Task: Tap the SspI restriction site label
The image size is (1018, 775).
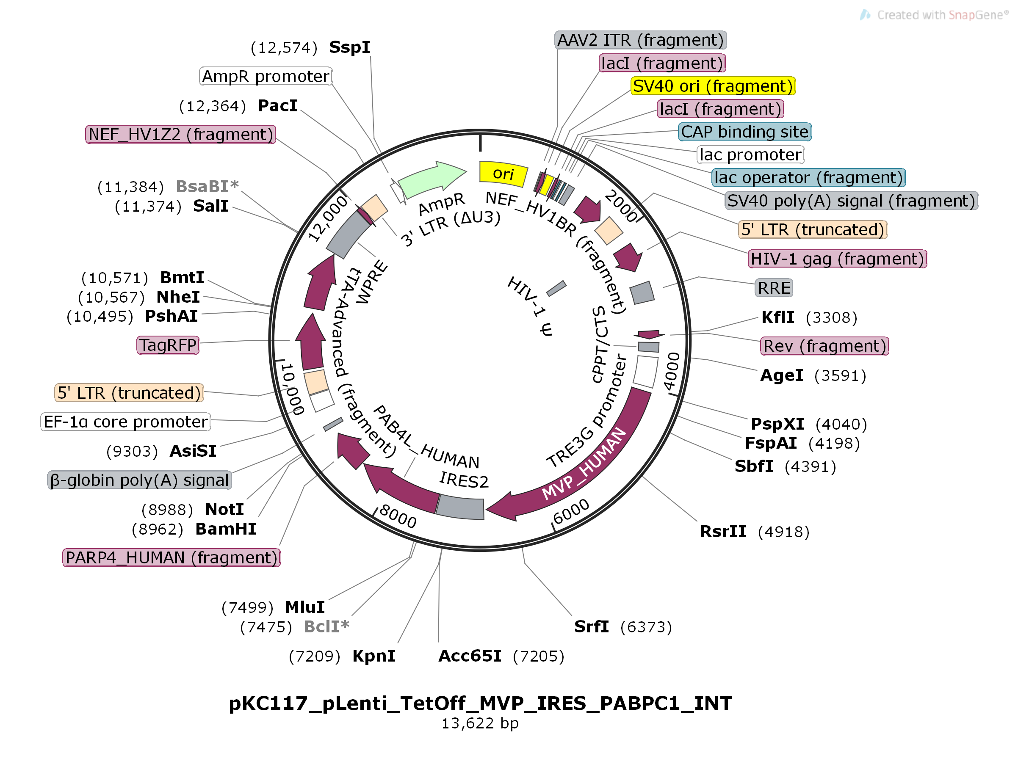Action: click(349, 47)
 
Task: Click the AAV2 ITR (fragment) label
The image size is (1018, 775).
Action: click(639, 40)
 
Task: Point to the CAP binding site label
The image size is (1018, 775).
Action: click(744, 132)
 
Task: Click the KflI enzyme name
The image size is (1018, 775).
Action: click(777, 317)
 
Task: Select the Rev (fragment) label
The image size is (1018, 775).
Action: click(824, 346)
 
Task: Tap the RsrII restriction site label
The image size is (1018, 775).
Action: click(723, 532)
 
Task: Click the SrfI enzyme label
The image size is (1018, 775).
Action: click(591, 626)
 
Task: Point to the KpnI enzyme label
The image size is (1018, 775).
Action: click(374, 656)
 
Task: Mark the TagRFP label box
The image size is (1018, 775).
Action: click(168, 345)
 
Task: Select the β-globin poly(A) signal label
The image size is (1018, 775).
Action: click(139, 480)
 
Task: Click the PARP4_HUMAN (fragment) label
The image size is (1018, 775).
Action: click(171, 557)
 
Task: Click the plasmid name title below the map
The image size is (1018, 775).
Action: click(480, 703)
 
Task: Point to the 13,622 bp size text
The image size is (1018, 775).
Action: click(480, 723)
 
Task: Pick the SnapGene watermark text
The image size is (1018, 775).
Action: click(941, 15)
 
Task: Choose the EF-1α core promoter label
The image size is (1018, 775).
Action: click(125, 422)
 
